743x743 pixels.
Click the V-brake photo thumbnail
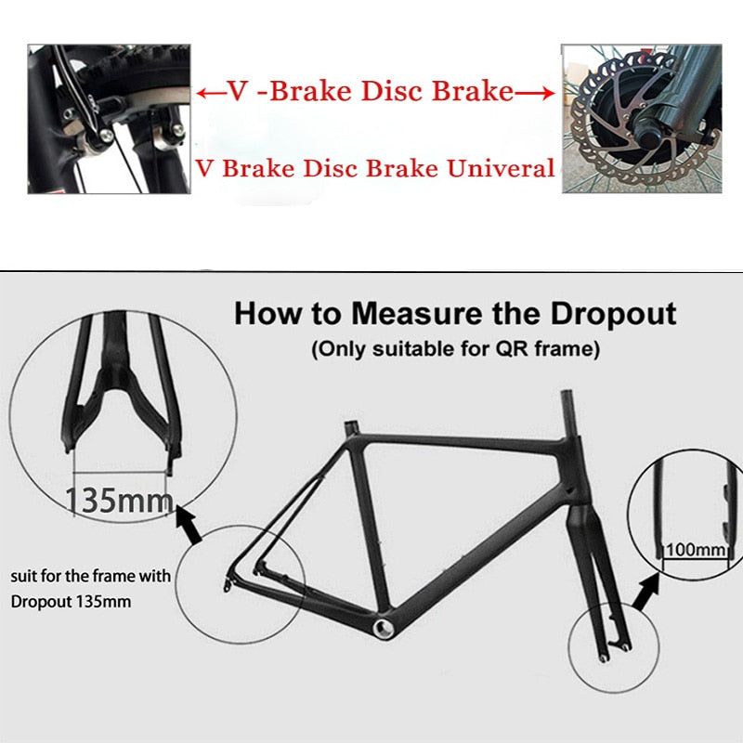tap(109, 118)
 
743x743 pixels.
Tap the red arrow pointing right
tap(536, 91)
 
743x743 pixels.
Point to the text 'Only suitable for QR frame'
tap(455, 350)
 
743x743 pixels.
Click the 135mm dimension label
tap(119, 501)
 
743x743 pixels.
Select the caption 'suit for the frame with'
tap(90, 576)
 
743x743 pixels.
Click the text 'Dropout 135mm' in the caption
tap(71, 601)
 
